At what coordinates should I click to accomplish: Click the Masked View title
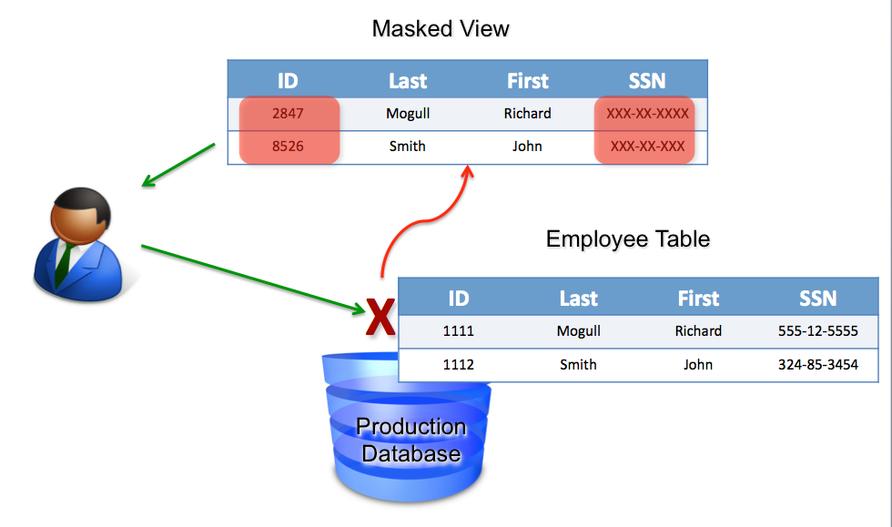441,28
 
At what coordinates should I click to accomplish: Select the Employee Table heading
627,239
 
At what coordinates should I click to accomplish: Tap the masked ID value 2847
288,114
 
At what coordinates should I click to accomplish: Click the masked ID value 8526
288,146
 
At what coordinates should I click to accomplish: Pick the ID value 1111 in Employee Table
458,331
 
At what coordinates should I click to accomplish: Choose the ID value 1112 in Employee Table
458,364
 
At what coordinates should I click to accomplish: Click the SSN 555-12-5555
817,331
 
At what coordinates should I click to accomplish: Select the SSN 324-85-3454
817,364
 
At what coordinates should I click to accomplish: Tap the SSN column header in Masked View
647,81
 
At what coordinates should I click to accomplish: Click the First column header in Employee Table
698,299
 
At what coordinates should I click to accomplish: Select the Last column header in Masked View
407,81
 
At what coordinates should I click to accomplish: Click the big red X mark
380,318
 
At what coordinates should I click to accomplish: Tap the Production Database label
411,440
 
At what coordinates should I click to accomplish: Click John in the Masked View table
527,146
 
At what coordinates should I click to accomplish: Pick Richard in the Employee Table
698,331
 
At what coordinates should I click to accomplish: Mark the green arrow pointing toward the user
178,166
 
